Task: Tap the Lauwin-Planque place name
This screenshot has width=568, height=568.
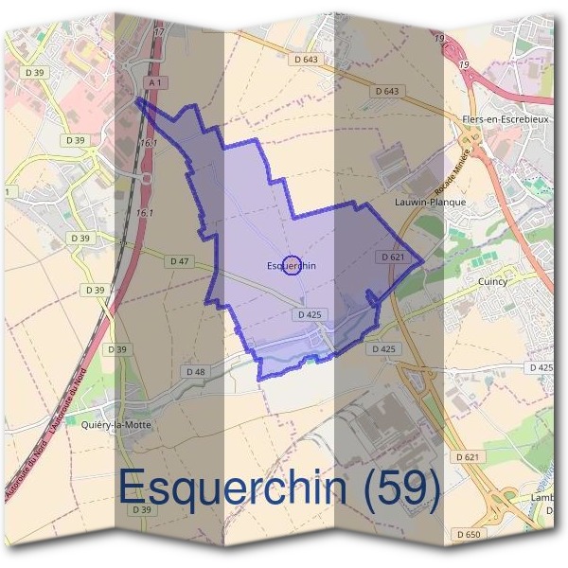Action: coord(430,202)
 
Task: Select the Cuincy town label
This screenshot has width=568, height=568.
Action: coord(492,281)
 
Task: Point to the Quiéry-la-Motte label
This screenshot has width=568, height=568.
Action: coord(116,425)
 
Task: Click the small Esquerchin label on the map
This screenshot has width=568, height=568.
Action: coord(291,266)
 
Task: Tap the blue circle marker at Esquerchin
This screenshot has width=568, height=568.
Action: coord(292,264)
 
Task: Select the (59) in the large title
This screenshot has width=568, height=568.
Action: coord(401,488)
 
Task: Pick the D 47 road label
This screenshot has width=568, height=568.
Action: coord(179,260)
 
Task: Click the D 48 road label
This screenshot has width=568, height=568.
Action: coord(196,371)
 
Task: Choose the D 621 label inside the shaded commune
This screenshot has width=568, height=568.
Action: coord(392,257)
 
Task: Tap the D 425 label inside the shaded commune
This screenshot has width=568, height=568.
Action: coord(311,313)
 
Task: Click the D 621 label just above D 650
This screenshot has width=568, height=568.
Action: coord(469,456)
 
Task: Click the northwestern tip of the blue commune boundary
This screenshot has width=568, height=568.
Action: coord(138,97)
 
